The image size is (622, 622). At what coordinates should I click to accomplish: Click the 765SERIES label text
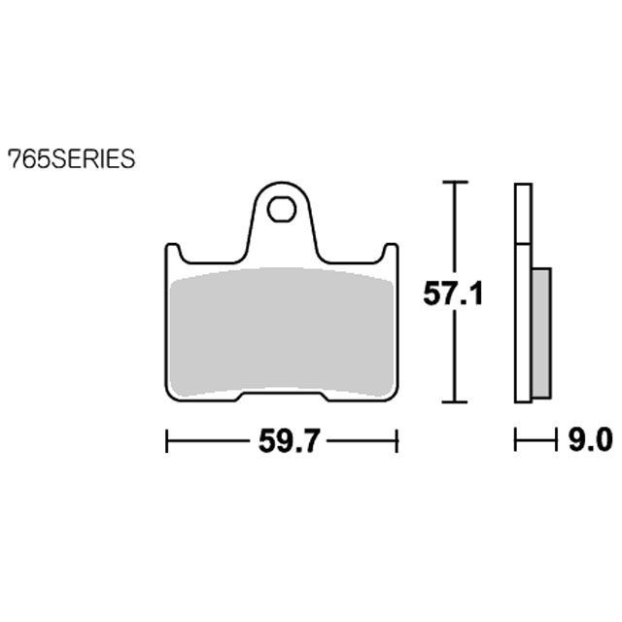pos(72,159)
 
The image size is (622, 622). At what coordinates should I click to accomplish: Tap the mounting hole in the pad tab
pos(281,209)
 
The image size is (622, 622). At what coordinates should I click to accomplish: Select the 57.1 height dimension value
pos(453,294)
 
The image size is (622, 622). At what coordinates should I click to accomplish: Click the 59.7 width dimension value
pos(289,440)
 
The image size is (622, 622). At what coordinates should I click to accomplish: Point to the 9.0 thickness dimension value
pos(590,439)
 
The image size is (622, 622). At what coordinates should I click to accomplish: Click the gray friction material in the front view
pos(281,332)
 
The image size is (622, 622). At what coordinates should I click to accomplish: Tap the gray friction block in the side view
pos(541,332)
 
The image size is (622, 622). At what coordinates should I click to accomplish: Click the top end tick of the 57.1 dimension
pos(455,182)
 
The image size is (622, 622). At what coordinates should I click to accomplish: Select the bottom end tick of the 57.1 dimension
pos(455,401)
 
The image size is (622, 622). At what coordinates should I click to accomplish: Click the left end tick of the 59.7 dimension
pos(166,440)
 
